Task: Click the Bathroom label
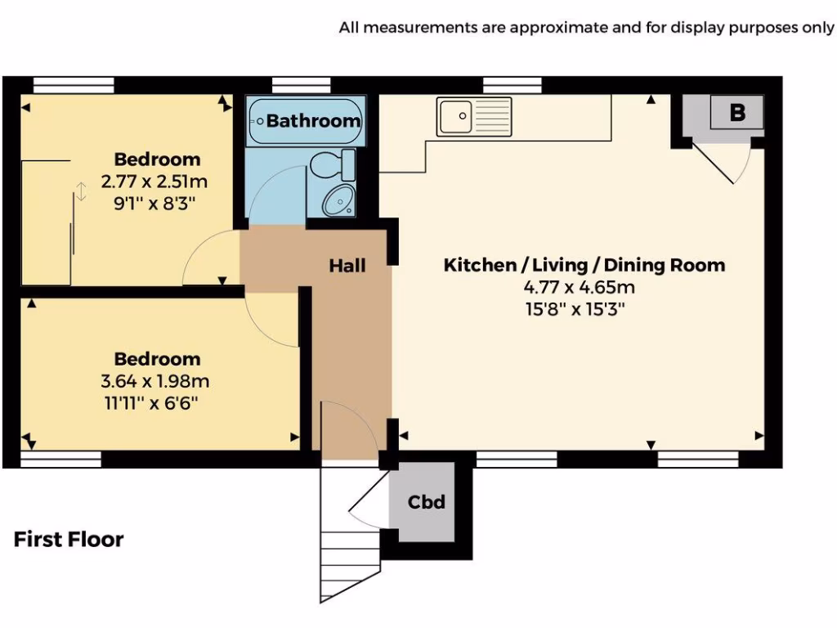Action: point(313,121)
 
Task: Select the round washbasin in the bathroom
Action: point(338,200)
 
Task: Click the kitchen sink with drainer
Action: point(474,116)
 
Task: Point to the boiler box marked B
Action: point(737,113)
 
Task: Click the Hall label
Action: point(347,266)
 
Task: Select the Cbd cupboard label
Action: point(427,501)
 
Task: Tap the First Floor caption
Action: point(69,540)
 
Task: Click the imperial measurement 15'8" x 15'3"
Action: point(580,309)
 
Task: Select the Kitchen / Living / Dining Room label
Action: point(584,265)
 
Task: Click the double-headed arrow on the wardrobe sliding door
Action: point(80,192)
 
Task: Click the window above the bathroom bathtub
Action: point(301,85)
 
